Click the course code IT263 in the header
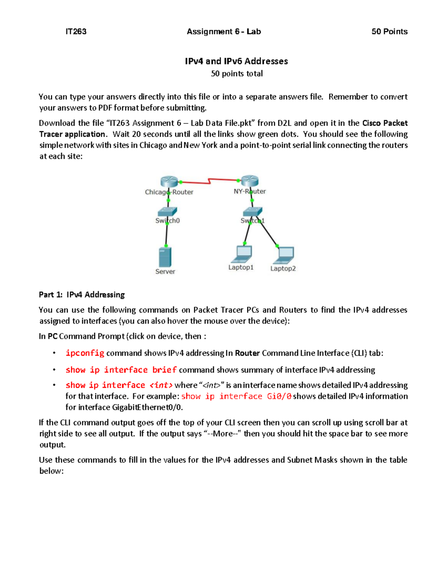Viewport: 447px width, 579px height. [x=76, y=32]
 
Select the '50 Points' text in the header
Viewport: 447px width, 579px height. [x=389, y=32]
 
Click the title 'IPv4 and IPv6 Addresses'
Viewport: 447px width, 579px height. [x=236, y=61]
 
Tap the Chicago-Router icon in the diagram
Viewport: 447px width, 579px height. [x=169, y=182]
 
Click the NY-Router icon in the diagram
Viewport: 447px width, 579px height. [x=250, y=181]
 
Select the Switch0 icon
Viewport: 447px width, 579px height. [x=167, y=212]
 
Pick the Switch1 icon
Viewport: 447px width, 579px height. [x=252, y=212]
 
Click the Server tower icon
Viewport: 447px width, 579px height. [x=165, y=257]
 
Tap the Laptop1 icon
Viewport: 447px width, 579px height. [x=242, y=254]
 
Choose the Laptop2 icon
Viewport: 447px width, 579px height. [x=285, y=255]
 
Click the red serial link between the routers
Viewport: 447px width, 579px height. [x=209, y=182]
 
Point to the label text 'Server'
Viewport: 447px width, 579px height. [x=165, y=271]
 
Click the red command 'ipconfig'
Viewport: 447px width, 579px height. [x=85, y=353]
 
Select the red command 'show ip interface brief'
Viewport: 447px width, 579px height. [x=121, y=370]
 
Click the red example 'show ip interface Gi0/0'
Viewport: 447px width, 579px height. [x=236, y=396]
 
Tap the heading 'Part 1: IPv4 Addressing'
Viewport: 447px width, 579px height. [x=82, y=295]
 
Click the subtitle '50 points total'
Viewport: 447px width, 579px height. [x=237, y=73]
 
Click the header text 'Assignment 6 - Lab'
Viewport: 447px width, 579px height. [x=223, y=32]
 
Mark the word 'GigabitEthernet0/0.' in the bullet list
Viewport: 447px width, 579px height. [x=148, y=407]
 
